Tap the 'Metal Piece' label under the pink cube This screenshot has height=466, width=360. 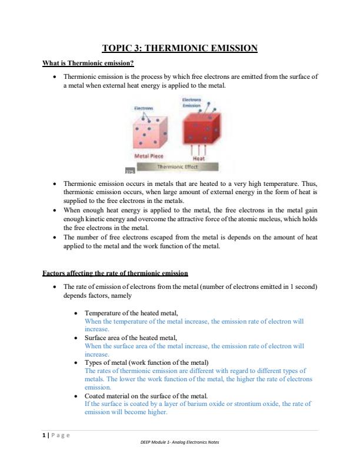pyautogui.click(x=149, y=157)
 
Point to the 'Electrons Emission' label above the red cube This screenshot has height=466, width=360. pyautogui.click(x=192, y=104)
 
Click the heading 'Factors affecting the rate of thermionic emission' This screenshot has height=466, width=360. pyautogui.click(x=115, y=273)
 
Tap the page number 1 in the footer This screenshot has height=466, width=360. pyautogui.click(x=44, y=435)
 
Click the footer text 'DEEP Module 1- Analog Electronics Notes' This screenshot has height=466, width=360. pyautogui.click(x=180, y=443)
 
